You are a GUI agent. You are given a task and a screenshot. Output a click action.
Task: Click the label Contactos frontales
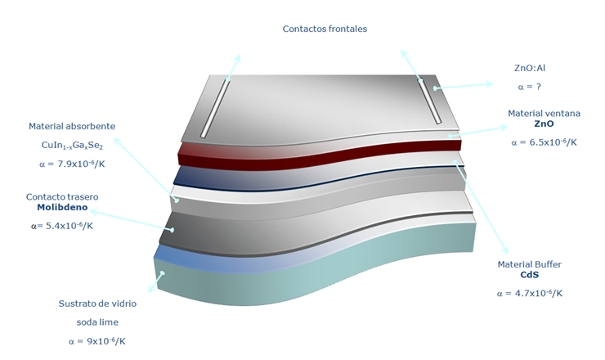(325, 29)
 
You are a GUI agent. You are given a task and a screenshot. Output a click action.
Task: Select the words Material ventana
(544, 113)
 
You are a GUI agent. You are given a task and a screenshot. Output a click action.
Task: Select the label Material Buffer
(529, 264)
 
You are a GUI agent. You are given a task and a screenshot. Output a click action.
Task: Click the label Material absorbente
(72, 127)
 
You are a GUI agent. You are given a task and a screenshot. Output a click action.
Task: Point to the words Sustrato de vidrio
(96, 304)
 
